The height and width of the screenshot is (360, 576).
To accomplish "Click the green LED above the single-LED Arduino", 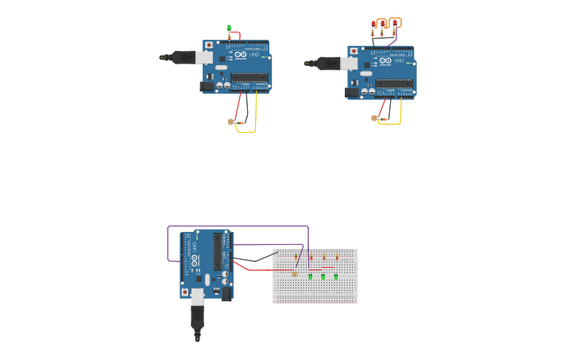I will tap(229, 28).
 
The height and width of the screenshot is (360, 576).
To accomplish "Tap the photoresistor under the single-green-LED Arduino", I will tap(232, 122).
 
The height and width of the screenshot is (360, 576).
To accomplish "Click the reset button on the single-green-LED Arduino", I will tap(209, 45).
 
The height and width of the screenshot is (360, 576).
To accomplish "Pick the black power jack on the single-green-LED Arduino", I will tap(207, 86).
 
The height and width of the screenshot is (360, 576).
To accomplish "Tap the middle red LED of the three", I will tap(383, 23).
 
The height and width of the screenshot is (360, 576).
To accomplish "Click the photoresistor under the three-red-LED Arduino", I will tap(374, 118).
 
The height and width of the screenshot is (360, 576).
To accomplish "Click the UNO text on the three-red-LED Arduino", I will tap(399, 60).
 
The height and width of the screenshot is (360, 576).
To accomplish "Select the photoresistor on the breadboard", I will tap(294, 273).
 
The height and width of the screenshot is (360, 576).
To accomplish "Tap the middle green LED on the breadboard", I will tap(323, 276).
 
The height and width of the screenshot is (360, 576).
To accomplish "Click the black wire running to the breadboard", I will tap(254, 259).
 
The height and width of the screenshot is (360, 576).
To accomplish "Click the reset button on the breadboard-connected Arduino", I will tap(185, 292).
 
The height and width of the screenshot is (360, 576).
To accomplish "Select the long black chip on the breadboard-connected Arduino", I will tap(217, 251).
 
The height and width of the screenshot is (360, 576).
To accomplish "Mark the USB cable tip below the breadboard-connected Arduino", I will tap(197, 339).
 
